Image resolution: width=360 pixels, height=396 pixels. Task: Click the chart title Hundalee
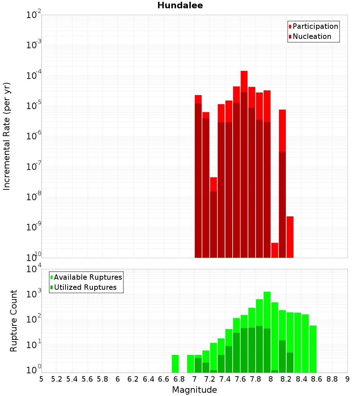click(180, 5)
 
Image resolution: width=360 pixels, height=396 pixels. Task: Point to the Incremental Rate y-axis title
click(6, 136)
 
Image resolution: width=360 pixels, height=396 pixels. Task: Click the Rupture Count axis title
click(14, 320)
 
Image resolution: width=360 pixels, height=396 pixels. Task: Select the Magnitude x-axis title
click(194, 390)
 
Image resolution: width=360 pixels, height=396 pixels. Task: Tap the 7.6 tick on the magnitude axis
click(240, 379)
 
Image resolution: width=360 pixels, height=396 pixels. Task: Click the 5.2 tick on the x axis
click(57, 379)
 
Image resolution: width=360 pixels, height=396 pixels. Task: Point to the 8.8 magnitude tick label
click(332, 379)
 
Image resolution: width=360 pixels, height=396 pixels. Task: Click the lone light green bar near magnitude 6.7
click(175, 364)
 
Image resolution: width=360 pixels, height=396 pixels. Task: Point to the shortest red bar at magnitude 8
click(275, 250)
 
